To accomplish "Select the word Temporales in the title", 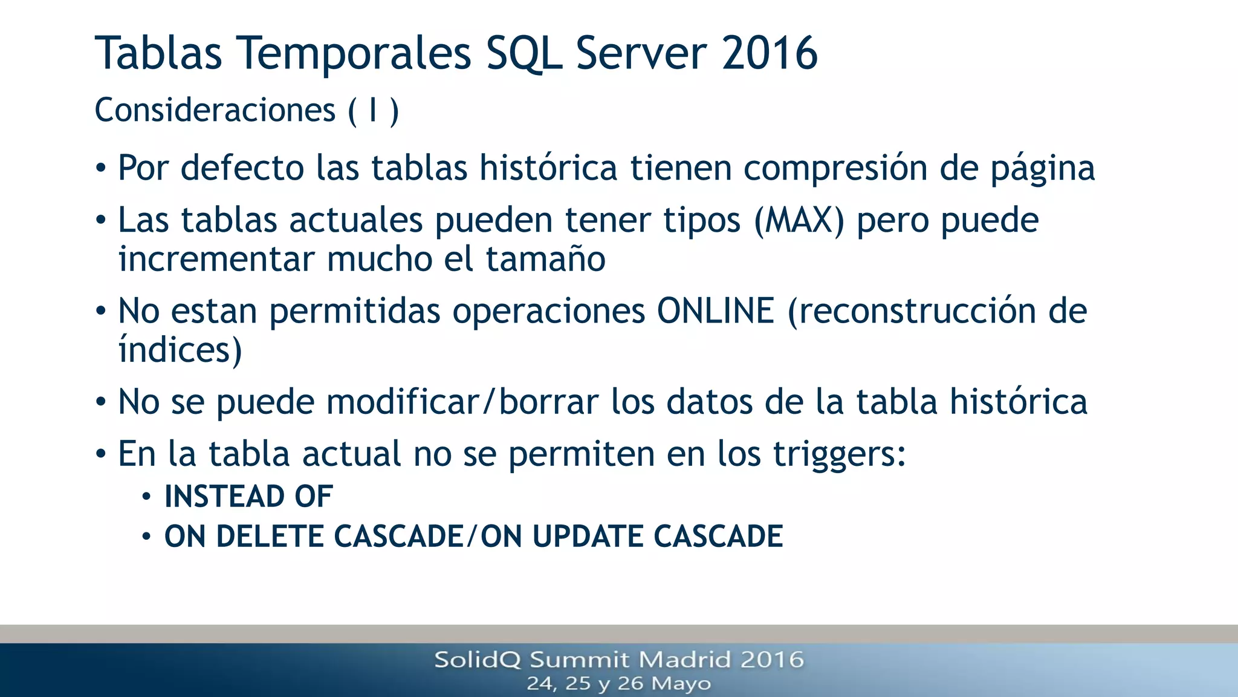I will (355, 53).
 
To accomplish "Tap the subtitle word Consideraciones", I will (215, 111).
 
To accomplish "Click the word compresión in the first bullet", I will (835, 168).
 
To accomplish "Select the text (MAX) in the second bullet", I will (799, 220).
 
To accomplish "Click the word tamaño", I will (545, 259).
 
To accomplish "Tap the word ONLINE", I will (715, 311).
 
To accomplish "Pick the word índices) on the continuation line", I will (180, 350).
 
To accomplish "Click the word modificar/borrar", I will (462, 402).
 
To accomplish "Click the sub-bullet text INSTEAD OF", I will (248, 497).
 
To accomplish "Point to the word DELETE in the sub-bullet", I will (270, 537).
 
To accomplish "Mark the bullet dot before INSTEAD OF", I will (146, 497).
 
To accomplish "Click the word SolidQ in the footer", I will (477, 659).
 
